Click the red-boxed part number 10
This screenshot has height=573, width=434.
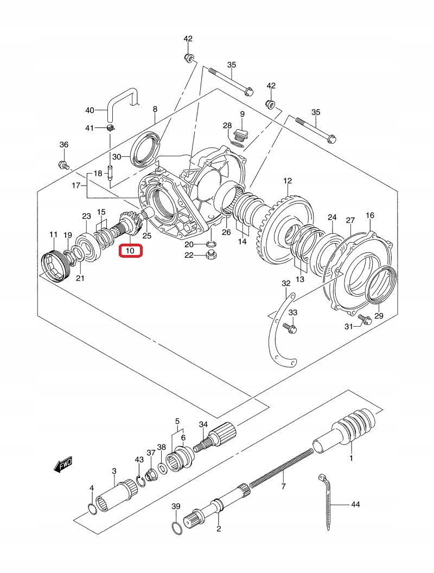coord(130,251)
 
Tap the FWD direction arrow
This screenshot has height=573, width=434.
coord(62,464)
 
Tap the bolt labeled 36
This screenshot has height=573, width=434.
coord(63,165)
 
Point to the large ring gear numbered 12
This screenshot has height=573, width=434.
coord(287,230)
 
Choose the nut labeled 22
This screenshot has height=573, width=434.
coord(210,256)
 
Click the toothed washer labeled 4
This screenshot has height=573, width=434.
coord(92,508)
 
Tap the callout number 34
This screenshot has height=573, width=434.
coord(203,424)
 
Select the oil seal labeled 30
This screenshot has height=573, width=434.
coord(146,150)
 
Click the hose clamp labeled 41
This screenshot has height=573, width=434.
coord(111,128)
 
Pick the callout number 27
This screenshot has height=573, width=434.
coord(350,220)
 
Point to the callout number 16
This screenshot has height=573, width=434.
coord(370,215)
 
